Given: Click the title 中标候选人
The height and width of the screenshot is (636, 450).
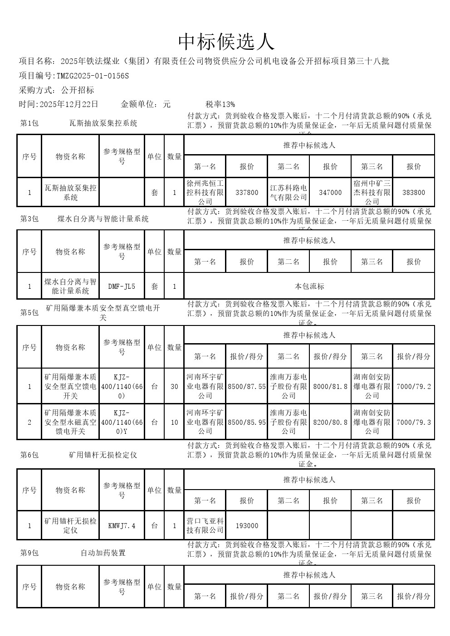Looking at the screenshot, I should [x=226, y=42].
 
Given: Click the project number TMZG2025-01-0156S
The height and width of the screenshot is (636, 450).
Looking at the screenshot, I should [x=93, y=76].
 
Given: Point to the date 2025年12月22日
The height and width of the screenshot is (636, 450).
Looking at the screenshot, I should [x=69, y=104].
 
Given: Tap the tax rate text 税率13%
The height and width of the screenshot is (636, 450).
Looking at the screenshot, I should [x=220, y=104].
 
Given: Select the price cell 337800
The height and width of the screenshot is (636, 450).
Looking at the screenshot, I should [x=247, y=193].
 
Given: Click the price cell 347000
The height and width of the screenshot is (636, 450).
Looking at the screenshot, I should [x=330, y=193].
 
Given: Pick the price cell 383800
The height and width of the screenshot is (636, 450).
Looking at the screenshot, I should [x=414, y=193].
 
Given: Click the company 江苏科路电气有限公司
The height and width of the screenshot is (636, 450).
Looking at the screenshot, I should [x=289, y=193].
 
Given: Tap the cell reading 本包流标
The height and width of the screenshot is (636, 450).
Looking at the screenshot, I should [x=309, y=286].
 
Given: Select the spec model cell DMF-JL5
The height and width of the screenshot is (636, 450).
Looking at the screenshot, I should [x=122, y=286].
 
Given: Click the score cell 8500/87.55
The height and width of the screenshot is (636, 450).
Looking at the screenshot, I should [x=247, y=387].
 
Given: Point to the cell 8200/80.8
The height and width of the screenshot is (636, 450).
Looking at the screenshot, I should [x=330, y=422].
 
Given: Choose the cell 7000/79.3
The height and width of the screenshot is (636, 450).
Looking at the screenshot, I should [x=414, y=422].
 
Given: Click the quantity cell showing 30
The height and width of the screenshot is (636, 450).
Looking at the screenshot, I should [x=174, y=387].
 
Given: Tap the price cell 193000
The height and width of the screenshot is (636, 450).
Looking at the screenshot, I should [x=247, y=526].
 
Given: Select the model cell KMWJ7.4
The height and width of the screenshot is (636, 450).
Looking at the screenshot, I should [x=122, y=526].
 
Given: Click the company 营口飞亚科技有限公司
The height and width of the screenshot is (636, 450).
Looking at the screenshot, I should [x=205, y=526].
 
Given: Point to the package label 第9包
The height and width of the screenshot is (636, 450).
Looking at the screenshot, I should [x=29, y=553].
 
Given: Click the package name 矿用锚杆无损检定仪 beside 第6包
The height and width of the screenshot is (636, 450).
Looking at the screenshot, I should [x=103, y=455].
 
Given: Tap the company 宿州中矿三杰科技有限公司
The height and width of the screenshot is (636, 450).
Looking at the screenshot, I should [x=372, y=193].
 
